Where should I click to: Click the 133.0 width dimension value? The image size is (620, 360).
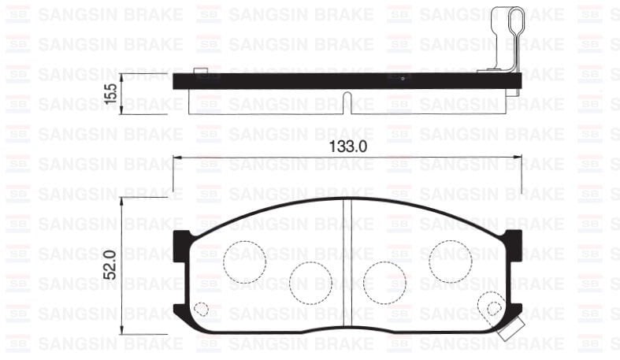pyautogui.click(x=347, y=147)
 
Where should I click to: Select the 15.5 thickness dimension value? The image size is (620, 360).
pyautogui.click(x=111, y=93)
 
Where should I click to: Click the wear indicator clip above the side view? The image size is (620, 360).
pyautogui.click(x=504, y=35)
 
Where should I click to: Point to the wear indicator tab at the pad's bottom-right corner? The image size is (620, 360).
pyautogui.click(x=510, y=329)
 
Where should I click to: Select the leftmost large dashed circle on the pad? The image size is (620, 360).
pyautogui.click(x=244, y=259)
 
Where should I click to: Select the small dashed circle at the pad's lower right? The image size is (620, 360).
pyautogui.click(x=494, y=309)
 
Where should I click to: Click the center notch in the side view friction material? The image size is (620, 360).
pyautogui.click(x=347, y=98)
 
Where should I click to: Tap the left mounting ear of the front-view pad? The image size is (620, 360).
pyautogui.click(x=182, y=239)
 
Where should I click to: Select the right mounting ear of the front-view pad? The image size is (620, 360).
pyautogui.click(x=513, y=239)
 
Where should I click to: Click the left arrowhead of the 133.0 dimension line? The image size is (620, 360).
pyautogui.click(x=177, y=158)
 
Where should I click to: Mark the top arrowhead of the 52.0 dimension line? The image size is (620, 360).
pyautogui.click(x=122, y=202)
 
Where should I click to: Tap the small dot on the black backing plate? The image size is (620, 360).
pyautogui.click(x=403, y=79)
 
